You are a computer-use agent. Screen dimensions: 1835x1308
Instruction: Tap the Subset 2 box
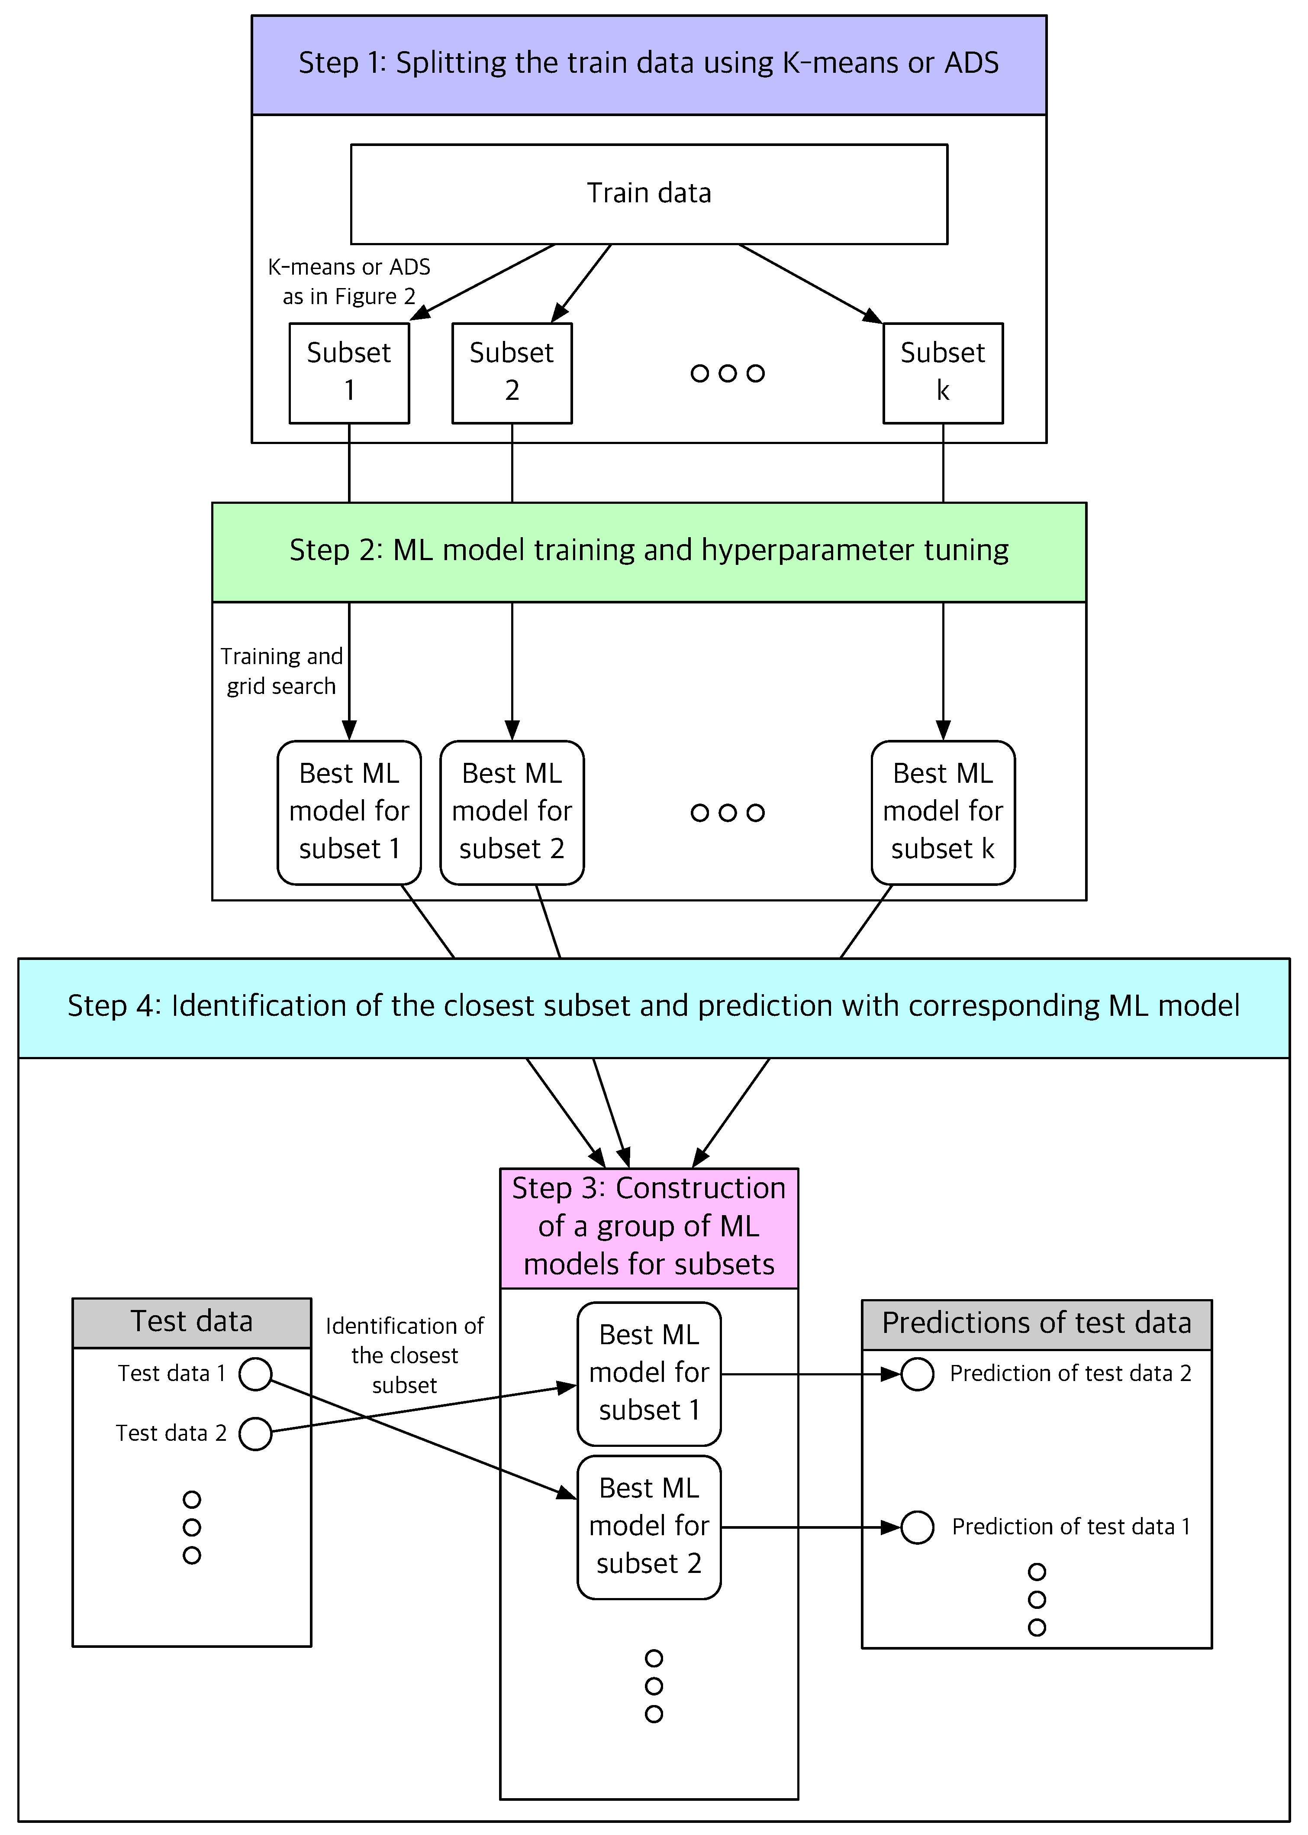(x=512, y=373)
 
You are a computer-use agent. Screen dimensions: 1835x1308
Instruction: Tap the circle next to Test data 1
(x=255, y=1374)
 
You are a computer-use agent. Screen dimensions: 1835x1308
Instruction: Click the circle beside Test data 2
(x=255, y=1434)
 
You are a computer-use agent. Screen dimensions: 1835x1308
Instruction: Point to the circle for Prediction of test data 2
(x=917, y=1374)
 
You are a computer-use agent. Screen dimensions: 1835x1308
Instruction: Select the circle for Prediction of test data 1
(x=917, y=1527)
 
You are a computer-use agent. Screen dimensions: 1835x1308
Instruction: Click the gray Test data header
(x=192, y=1323)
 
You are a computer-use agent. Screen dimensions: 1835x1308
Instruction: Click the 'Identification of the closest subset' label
(x=404, y=1355)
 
